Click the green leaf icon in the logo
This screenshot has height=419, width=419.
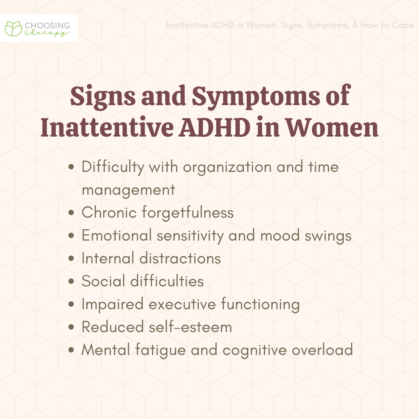(13, 28)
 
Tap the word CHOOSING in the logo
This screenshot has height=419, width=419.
(47, 26)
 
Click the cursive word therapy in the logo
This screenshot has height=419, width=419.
(47, 33)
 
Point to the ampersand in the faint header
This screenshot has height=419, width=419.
(355, 25)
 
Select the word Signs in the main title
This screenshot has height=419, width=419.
(103, 97)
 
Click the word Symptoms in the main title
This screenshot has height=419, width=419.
(256, 97)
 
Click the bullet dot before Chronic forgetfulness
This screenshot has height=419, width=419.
(71, 213)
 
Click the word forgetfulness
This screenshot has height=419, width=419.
(188, 213)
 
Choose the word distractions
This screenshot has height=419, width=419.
(180, 258)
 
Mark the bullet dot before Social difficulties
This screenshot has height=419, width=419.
(71, 281)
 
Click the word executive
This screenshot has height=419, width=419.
(182, 304)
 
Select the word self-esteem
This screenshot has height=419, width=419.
(190, 327)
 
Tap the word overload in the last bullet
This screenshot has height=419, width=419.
(322, 350)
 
